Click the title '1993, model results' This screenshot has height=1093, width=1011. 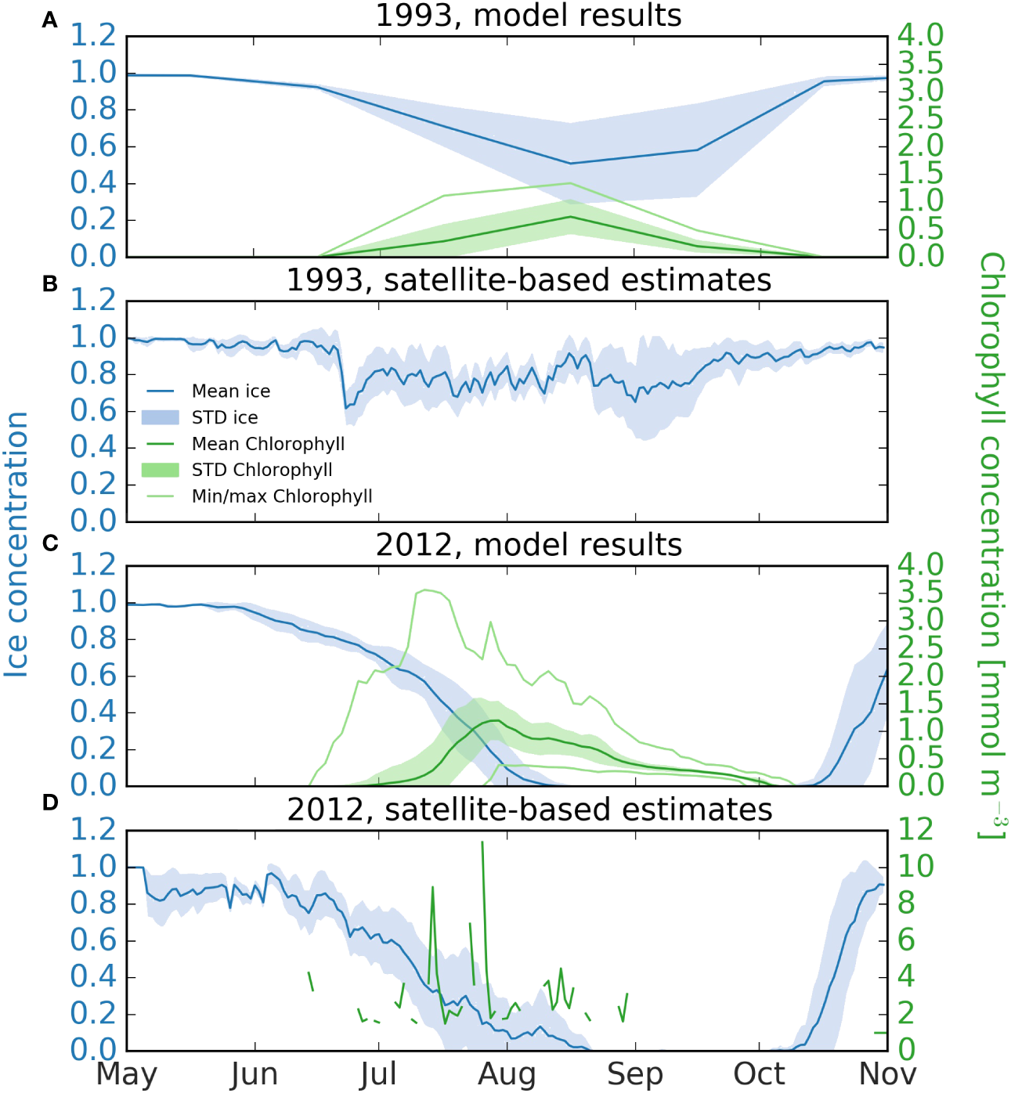pyautogui.click(x=529, y=16)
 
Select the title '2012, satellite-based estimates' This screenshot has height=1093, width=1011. pyautogui.click(x=529, y=810)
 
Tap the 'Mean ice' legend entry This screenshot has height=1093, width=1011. pyautogui.click(x=230, y=391)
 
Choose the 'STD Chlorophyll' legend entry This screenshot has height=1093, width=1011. pyautogui.click(x=262, y=470)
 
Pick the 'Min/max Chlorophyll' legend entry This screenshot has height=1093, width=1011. pyautogui.click(x=282, y=496)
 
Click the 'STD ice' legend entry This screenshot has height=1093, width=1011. pyautogui.click(x=225, y=418)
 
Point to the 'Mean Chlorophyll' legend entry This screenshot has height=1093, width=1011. pyautogui.click(x=268, y=444)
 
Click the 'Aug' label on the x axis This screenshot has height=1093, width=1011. pyautogui.click(x=507, y=1074)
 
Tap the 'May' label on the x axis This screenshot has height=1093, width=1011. pyautogui.click(x=127, y=1074)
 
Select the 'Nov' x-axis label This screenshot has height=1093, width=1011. pyautogui.click(x=887, y=1074)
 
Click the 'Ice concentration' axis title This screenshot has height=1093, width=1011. pyautogui.click(x=17, y=544)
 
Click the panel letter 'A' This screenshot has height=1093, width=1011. pyautogui.click(x=50, y=21)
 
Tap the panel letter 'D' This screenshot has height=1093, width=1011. pyautogui.click(x=50, y=803)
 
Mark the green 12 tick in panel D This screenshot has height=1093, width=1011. pyautogui.click(x=915, y=829)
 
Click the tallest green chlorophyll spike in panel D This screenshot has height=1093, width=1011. pyautogui.click(x=482, y=843)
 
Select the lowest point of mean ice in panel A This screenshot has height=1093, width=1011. pyautogui.click(x=570, y=164)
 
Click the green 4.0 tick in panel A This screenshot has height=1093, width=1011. pyautogui.click(x=921, y=35)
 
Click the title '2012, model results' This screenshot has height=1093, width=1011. pyautogui.click(x=529, y=545)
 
